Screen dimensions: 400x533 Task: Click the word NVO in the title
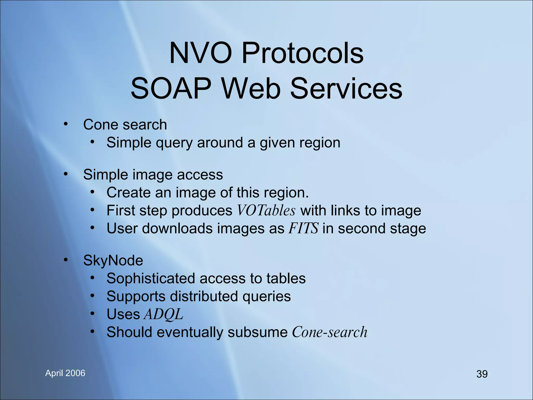(x=200, y=53)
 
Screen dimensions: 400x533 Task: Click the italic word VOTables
(x=266, y=210)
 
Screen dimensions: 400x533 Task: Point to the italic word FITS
(x=303, y=228)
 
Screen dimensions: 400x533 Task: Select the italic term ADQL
(x=164, y=314)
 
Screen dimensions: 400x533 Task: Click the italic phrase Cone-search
(x=329, y=332)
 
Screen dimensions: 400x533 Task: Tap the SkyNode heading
(x=113, y=260)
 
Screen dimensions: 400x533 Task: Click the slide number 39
(x=482, y=374)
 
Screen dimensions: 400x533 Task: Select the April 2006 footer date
(x=65, y=373)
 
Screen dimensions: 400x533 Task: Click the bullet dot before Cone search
(x=66, y=124)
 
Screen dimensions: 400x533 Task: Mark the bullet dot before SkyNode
(x=66, y=260)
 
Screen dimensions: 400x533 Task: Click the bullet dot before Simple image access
(x=66, y=174)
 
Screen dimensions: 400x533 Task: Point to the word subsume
(x=257, y=332)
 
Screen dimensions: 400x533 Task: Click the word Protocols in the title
(x=302, y=53)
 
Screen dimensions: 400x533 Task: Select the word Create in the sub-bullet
(x=128, y=193)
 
